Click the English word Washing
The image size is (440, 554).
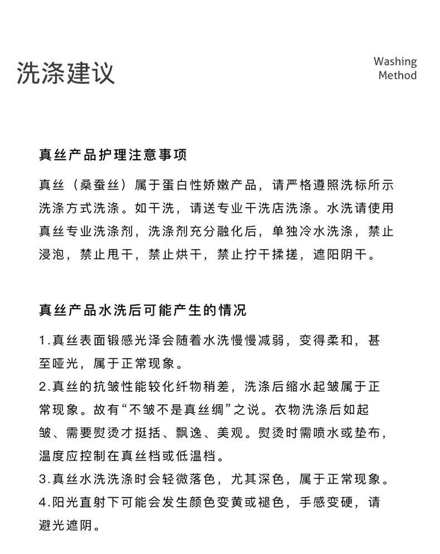pyautogui.click(x=395, y=62)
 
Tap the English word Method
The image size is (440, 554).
pyautogui.click(x=397, y=75)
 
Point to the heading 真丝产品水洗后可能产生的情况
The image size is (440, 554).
pyautogui.click(x=143, y=310)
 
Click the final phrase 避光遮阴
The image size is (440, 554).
pyautogui.click(x=66, y=526)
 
